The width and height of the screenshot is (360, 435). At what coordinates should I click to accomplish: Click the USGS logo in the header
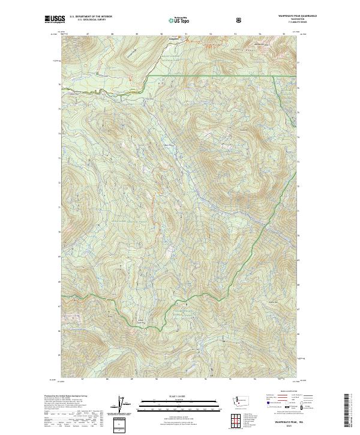[x=55, y=19]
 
